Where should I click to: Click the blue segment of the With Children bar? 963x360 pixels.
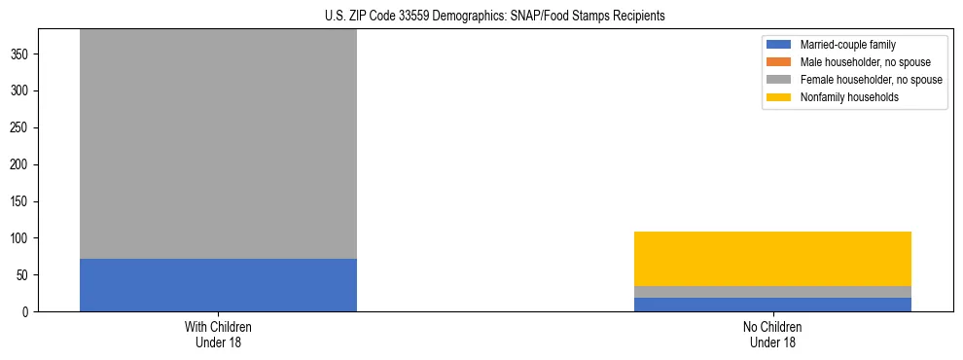coord(218,285)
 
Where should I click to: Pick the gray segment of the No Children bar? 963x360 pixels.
coord(772,292)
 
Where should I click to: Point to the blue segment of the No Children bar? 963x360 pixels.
coord(772,305)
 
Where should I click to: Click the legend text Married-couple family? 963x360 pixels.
coord(847,45)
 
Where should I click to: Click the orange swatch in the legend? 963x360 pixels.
coord(780,62)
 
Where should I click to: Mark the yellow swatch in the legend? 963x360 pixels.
coord(780,97)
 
